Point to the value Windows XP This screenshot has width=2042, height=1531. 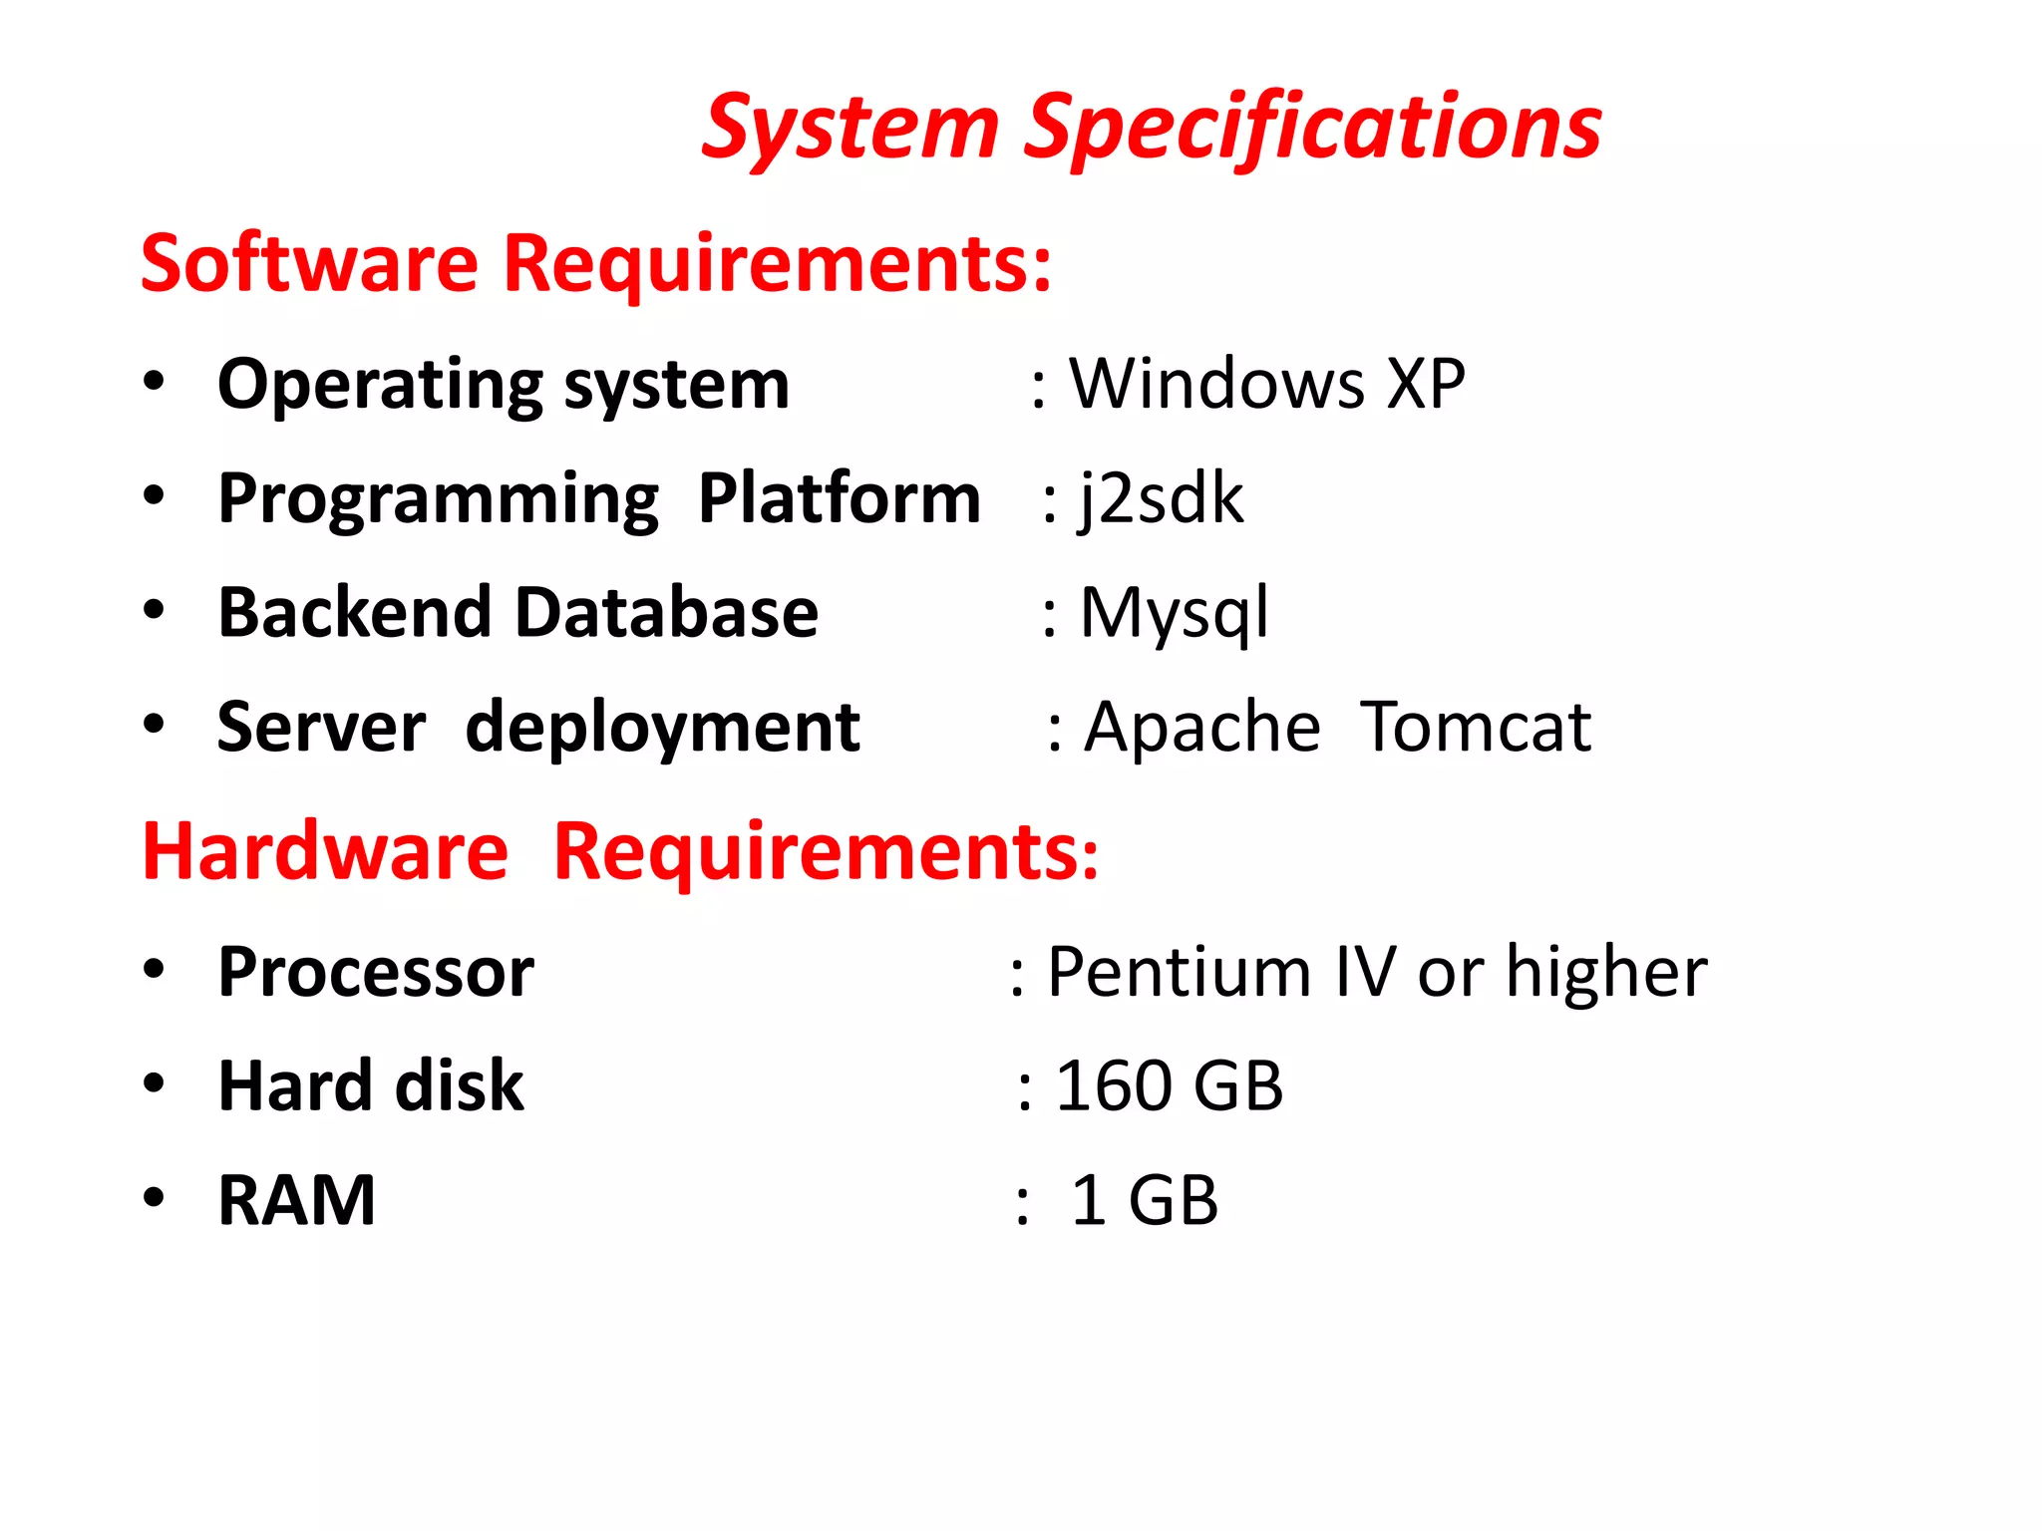(x=1266, y=384)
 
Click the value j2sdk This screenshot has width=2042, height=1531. (x=1162, y=498)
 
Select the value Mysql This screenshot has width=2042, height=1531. (x=1175, y=612)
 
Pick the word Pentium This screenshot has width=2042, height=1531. (x=1179, y=972)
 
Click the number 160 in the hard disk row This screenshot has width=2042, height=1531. (x=1114, y=1085)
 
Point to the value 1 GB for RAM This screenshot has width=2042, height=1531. (x=1144, y=1200)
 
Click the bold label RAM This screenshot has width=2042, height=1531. (x=297, y=1200)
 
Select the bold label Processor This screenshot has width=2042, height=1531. (x=376, y=972)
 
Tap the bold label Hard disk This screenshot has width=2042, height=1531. (x=371, y=1085)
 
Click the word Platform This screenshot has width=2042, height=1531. (x=839, y=498)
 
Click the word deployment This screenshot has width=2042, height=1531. (x=662, y=729)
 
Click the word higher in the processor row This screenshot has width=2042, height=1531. (x=1606, y=972)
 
